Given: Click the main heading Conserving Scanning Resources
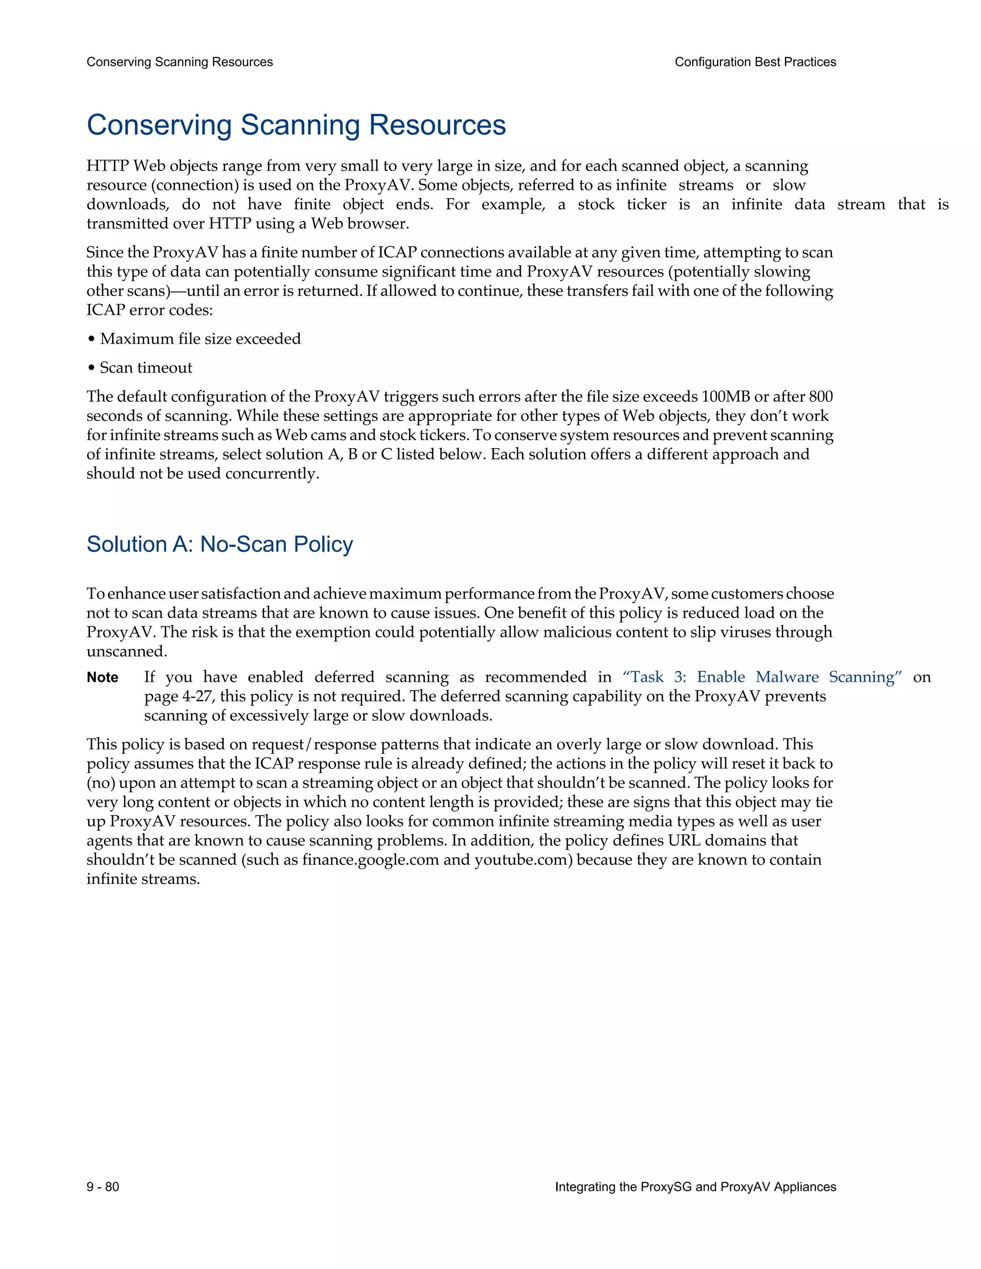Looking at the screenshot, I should [x=296, y=125].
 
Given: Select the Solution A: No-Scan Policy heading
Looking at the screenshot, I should [x=220, y=544].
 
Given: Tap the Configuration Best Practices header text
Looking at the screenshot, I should [x=755, y=62].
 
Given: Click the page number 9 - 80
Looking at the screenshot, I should [x=103, y=1187].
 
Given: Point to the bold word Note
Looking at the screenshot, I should [x=103, y=678].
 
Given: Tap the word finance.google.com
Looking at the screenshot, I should [x=370, y=860].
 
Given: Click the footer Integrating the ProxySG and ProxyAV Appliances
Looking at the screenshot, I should [x=695, y=1187].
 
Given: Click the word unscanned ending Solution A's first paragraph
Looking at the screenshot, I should [x=126, y=652].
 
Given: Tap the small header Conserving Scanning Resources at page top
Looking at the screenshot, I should [x=180, y=62].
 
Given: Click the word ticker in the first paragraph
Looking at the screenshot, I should [x=646, y=204].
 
